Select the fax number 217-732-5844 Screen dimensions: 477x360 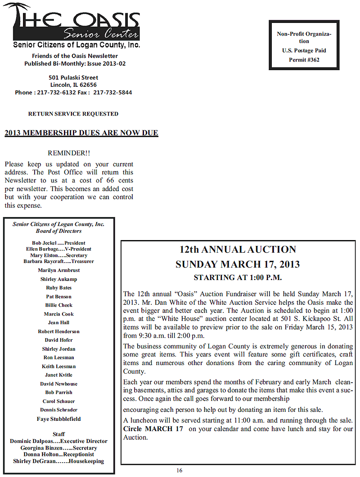[x=112, y=92]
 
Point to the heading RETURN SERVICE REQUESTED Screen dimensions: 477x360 [x=73, y=114]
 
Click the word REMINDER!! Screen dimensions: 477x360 [x=69, y=153]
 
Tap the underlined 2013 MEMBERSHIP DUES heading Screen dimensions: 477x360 [x=81, y=133]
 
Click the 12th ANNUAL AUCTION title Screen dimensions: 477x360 [x=238, y=250]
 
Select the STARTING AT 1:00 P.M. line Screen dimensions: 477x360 [x=238, y=277]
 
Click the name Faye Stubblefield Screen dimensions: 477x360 [x=58, y=419]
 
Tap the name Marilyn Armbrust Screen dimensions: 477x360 [x=58, y=270]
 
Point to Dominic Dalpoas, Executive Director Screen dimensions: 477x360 [x=58, y=441]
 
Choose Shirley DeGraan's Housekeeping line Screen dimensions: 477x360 [x=58, y=461]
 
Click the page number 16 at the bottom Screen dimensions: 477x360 [x=179, y=471]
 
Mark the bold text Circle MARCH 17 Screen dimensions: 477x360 [x=153, y=429]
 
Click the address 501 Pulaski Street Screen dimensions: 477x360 [x=73, y=77]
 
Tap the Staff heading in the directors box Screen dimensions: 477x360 [x=58, y=434]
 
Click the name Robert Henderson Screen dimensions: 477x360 [x=58, y=331]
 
